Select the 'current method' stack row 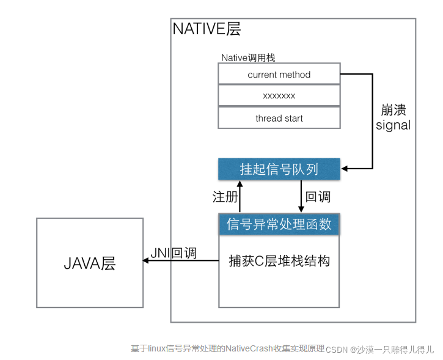(x=279, y=75)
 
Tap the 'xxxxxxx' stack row (x=279, y=96)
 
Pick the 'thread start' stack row (x=279, y=118)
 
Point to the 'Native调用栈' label (x=248, y=57)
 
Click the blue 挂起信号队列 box (x=279, y=169)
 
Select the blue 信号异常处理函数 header (x=279, y=224)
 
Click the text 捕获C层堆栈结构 (x=279, y=261)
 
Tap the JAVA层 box (x=90, y=263)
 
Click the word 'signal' (x=393, y=125)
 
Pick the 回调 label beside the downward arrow (x=318, y=197)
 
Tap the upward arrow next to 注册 (x=240, y=196)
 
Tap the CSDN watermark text (x=336, y=350)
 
